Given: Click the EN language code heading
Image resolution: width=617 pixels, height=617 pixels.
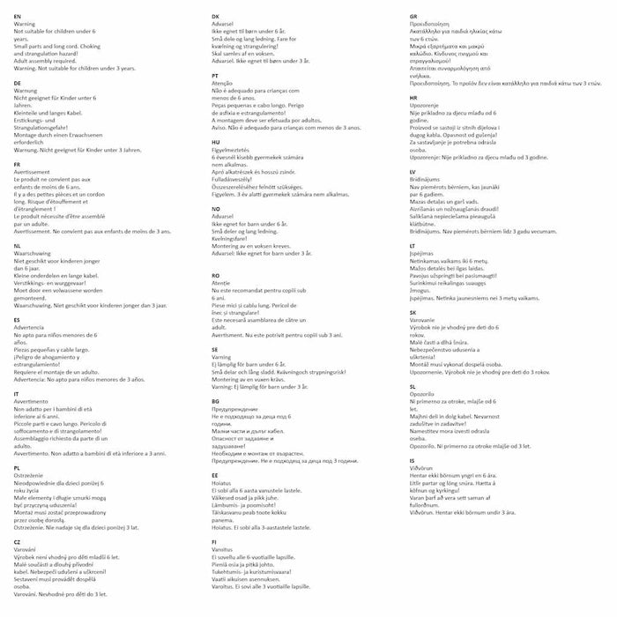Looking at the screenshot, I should tap(18, 17).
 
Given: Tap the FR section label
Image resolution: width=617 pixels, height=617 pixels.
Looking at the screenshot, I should tap(18, 164).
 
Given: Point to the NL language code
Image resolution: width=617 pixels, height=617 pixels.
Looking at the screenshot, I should tap(18, 246).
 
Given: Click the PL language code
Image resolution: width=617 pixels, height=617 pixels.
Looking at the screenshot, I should tap(18, 468).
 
